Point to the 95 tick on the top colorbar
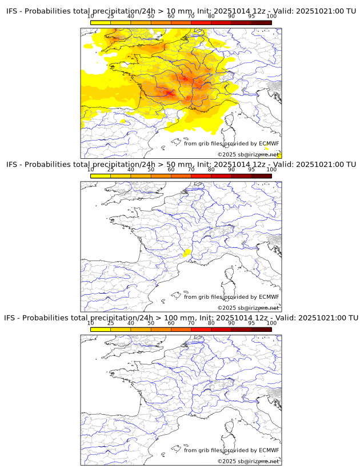(251, 17)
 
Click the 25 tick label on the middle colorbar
(110, 170)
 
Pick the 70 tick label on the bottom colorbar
(191, 323)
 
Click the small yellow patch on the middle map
(187, 252)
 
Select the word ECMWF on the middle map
(269, 296)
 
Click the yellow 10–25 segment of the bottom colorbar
(101, 329)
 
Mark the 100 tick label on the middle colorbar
(271, 170)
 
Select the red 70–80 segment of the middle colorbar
(201, 176)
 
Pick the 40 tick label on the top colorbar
(131, 17)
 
